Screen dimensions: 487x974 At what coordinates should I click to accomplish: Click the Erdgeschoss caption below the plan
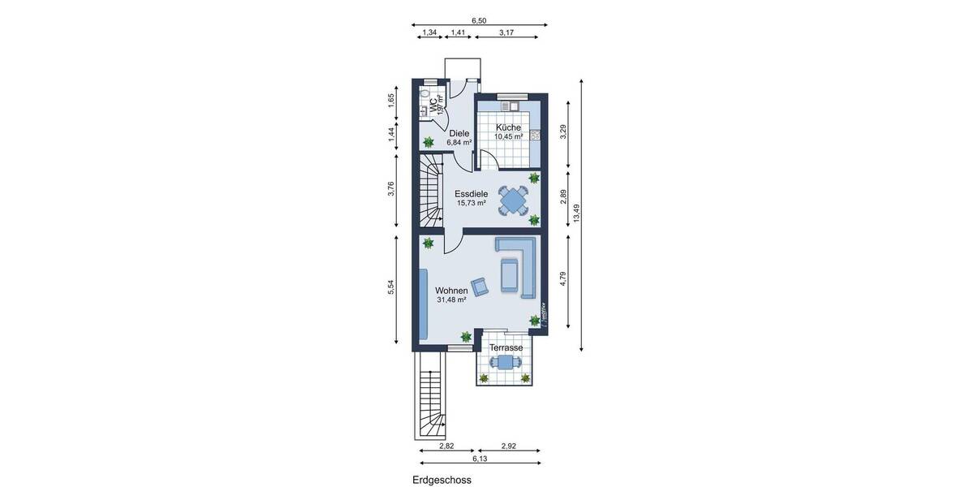point(442,480)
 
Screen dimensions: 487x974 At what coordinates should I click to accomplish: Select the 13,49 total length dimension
point(576,213)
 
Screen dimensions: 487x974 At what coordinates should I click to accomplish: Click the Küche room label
point(508,127)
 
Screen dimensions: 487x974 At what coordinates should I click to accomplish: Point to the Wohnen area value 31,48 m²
point(451,300)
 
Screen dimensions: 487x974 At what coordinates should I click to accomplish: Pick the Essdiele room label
point(471,194)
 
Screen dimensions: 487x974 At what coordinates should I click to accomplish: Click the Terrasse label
point(506,347)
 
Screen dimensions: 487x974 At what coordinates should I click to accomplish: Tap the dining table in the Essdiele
point(513,199)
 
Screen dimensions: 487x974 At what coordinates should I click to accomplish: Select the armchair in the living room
point(481,285)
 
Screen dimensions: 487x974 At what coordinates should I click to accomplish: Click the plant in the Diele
point(428,143)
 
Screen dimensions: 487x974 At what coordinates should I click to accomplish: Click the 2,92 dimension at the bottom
point(508,446)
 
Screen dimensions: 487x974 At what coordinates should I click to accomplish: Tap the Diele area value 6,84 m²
point(459,143)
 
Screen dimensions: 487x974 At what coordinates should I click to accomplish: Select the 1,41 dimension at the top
point(458,32)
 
